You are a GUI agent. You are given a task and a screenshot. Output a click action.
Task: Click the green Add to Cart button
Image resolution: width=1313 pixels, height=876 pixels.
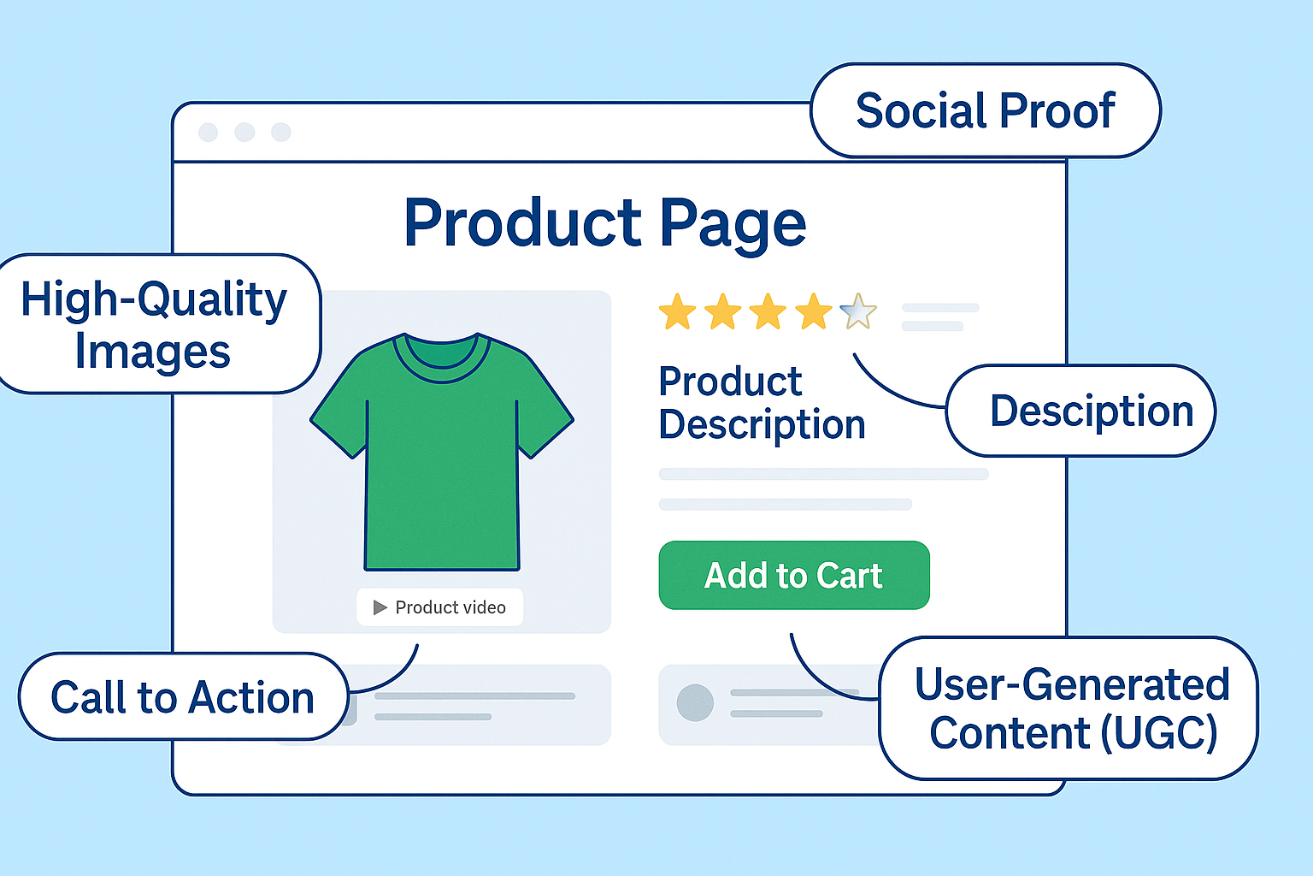pos(793,575)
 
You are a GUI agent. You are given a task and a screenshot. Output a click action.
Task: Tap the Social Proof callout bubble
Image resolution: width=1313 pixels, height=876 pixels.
pos(985,110)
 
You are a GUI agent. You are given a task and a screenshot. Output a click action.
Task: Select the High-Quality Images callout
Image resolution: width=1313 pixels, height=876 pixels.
pos(154,324)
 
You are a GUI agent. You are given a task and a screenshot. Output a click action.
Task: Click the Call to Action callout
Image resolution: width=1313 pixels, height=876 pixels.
pos(182,696)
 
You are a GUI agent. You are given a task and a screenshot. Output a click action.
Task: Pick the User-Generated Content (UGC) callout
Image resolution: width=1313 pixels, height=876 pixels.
pos(1070,708)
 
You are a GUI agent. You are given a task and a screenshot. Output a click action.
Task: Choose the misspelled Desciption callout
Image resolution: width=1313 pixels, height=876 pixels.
pos(1081,411)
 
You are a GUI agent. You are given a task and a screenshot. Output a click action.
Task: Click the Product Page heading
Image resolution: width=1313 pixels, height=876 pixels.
pos(604,222)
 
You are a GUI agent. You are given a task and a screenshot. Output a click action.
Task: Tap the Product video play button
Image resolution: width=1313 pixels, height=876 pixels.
pos(380,607)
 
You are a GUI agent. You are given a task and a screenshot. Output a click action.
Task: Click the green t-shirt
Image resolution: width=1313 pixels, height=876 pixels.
pos(441,479)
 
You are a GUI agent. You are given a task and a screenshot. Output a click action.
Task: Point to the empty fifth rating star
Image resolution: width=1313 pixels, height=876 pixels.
pos(858,312)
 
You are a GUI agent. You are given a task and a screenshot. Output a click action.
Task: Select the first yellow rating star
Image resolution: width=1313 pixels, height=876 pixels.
pos(677,312)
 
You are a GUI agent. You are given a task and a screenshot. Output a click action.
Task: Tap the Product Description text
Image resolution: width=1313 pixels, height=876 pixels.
pos(761,403)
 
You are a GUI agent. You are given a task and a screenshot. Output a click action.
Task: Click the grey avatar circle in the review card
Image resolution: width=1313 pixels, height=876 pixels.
pos(695,703)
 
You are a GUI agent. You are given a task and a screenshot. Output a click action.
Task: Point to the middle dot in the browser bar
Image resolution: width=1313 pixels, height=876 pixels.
pos(244,132)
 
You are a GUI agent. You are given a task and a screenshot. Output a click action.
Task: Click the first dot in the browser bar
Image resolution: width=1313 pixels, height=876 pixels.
pos(208,132)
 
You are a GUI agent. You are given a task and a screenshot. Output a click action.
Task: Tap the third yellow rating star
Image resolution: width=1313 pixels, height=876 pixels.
pos(768,312)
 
